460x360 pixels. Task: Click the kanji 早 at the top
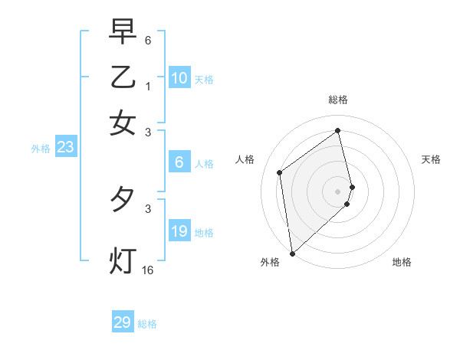pyautogui.click(x=123, y=31)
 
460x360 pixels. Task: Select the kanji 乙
pyautogui.click(x=123, y=77)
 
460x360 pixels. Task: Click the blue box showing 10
pyautogui.click(x=179, y=78)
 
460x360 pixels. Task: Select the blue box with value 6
pyautogui.click(x=179, y=162)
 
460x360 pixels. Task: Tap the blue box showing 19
pyautogui.click(x=179, y=231)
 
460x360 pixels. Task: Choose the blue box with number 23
pyautogui.click(x=65, y=147)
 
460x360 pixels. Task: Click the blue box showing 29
pyautogui.click(x=123, y=322)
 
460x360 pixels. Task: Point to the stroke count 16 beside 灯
pyautogui.click(x=147, y=270)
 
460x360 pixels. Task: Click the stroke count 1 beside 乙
pyautogui.click(x=147, y=87)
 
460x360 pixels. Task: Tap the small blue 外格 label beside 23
pyautogui.click(x=41, y=149)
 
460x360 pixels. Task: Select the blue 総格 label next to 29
pyautogui.click(x=148, y=324)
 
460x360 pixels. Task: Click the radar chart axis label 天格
pyautogui.click(x=432, y=159)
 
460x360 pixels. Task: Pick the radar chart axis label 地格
pyautogui.click(x=402, y=262)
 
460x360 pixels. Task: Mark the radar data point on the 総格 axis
pyautogui.click(x=338, y=130)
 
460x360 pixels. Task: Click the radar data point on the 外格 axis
pyautogui.click(x=292, y=253)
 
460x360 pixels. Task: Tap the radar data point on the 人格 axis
pyautogui.click(x=280, y=172)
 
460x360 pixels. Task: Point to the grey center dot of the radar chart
pyautogui.click(x=338, y=191)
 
